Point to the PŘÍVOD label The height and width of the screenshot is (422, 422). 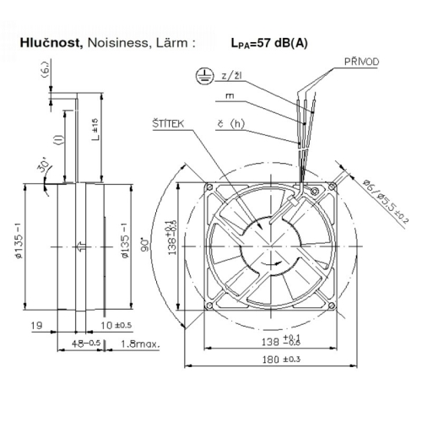coord(360,62)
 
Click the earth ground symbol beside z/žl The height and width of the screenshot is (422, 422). coord(203,76)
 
